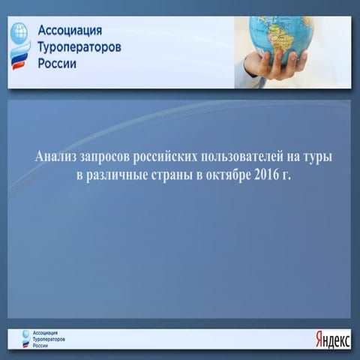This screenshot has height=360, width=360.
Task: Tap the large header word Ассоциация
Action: point(69,33)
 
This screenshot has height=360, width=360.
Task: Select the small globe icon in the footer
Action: point(27,334)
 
